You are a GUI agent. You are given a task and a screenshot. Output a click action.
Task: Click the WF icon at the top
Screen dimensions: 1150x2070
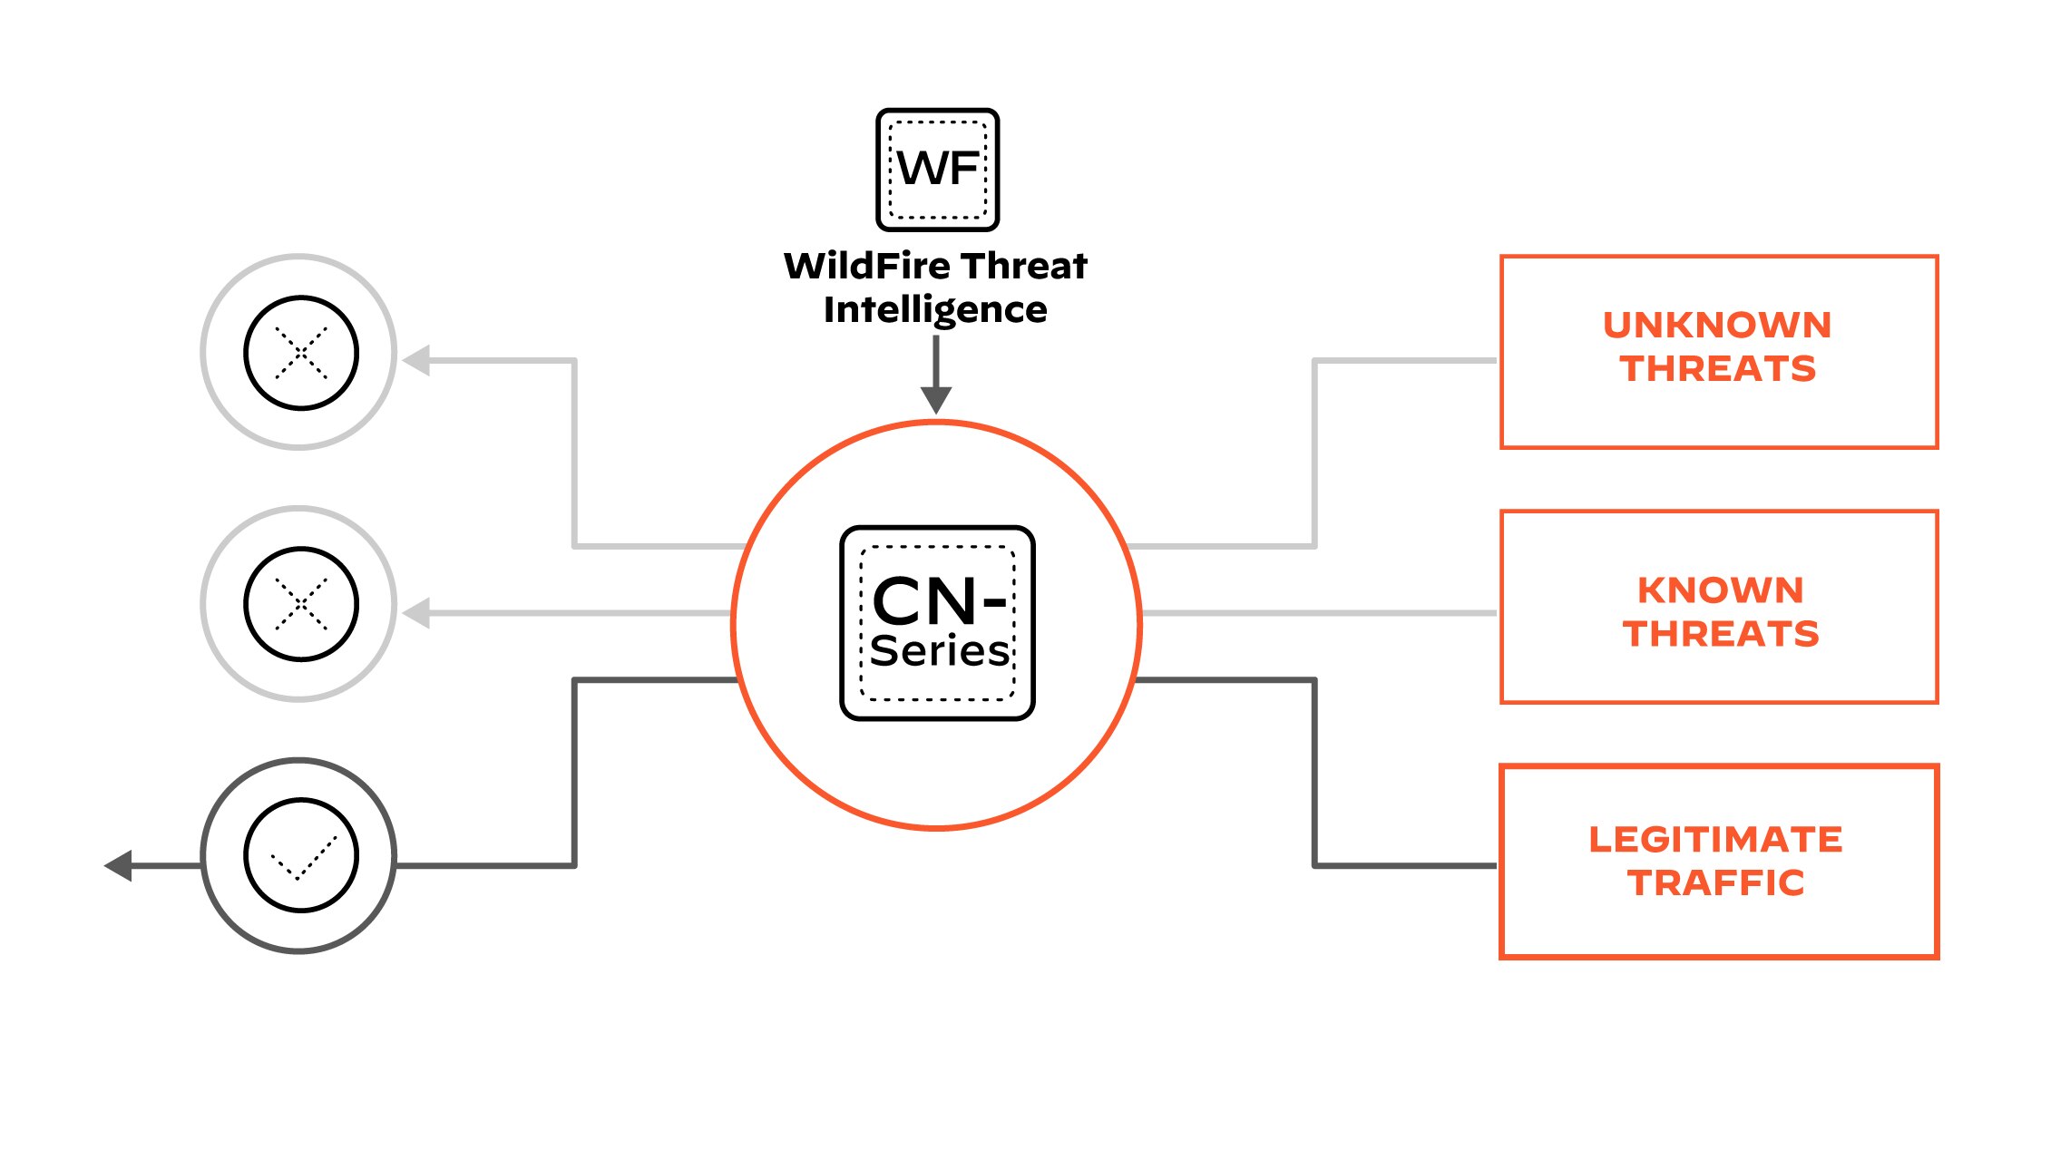(x=937, y=170)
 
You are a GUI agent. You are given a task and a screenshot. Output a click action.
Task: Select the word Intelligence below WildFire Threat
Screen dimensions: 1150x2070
(x=935, y=310)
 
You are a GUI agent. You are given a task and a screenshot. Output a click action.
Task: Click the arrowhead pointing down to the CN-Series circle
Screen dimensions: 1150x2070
(x=935, y=399)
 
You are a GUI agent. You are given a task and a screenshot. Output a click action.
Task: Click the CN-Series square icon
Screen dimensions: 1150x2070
(x=937, y=623)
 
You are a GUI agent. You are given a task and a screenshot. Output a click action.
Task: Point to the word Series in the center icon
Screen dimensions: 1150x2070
(x=939, y=651)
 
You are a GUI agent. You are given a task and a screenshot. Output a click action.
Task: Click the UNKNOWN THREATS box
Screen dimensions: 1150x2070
(x=1718, y=351)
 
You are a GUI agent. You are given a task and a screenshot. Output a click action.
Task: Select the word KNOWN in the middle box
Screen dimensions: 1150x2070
(x=1720, y=590)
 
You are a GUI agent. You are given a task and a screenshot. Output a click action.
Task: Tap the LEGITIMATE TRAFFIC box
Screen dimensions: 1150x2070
(x=1718, y=861)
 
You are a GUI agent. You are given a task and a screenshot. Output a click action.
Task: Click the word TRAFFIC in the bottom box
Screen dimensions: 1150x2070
(x=1715, y=883)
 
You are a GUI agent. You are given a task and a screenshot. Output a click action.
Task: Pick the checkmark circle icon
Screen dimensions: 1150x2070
(x=299, y=855)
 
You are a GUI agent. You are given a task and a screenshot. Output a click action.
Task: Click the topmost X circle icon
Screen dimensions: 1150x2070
(x=299, y=352)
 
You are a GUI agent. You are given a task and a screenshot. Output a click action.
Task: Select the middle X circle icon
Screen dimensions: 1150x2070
(x=299, y=604)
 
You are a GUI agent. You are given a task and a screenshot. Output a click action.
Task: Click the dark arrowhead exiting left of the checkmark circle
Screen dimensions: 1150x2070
(x=120, y=865)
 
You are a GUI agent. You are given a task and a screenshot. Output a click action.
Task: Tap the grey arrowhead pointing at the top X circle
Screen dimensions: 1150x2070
(x=416, y=360)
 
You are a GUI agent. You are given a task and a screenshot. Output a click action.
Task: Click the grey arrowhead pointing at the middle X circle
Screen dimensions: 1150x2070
(x=416, y=613)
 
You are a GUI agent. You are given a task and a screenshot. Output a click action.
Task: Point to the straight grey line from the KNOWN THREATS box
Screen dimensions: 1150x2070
(x=1315, y=613)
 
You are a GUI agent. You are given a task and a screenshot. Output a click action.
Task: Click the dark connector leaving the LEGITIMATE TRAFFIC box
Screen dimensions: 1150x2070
(x=1406, y=865)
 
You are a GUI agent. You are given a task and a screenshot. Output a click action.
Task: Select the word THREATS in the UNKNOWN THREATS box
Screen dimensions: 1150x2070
(x=1717, y=369)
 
